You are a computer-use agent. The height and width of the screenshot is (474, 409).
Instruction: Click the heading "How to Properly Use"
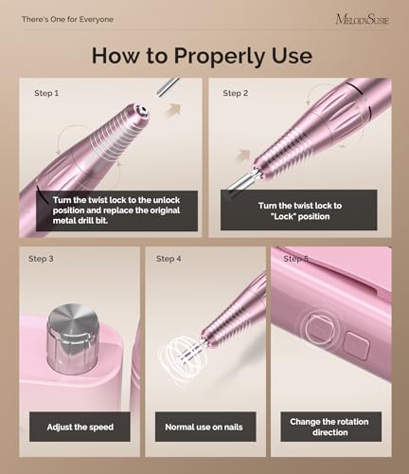point(202,55)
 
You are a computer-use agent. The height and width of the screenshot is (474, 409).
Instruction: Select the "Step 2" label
point(236,94)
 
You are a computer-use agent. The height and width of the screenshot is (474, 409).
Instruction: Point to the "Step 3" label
point(41,259)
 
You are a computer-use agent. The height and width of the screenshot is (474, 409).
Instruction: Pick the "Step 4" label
point(169,259)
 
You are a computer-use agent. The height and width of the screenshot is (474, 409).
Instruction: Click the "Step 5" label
point(296,259)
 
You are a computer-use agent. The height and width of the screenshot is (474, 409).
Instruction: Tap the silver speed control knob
point(73,333)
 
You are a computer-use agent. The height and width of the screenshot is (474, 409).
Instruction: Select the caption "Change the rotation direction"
point(330,427)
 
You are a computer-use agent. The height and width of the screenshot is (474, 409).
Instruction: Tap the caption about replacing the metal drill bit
point(114,211)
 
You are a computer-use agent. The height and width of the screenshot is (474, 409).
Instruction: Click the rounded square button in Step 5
point(357,344)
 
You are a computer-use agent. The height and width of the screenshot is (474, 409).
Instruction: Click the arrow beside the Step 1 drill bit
point(173,111)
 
